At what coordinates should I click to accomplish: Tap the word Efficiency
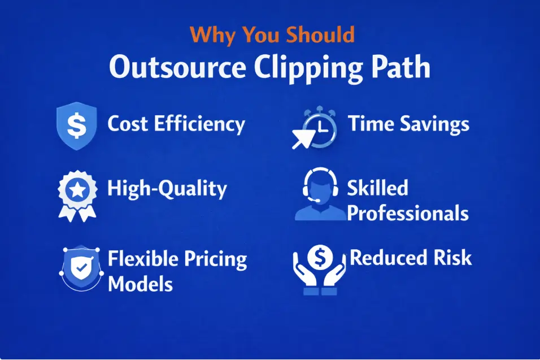pos(201,124)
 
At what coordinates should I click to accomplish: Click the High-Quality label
pos(167,189)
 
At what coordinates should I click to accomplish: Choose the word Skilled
pos(377,188)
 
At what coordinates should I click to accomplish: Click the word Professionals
pos(408,213)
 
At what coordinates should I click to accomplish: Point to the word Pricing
pos(216,260)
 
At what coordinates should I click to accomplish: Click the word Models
pos(140,283)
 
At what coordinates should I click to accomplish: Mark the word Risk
pos(454,258)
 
